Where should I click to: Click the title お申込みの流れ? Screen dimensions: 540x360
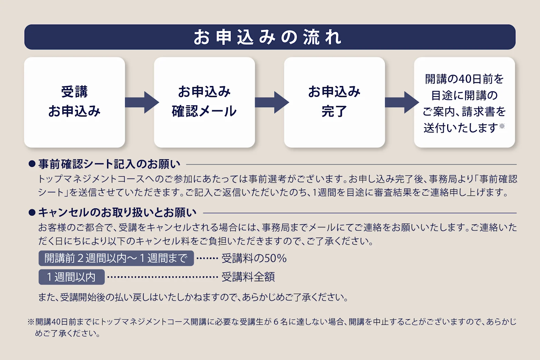tap(268, 37)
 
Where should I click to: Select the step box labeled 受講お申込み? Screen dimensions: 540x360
tap(75, 102)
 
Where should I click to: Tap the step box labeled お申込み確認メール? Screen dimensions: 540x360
tap(204, 102)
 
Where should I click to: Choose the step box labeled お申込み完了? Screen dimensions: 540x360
tap(334, 102)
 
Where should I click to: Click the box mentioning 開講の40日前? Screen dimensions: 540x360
tap(464, 102)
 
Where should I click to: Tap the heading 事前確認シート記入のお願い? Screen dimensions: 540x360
tap(109, 164)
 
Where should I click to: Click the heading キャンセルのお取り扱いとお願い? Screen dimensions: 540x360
tap(117, 212)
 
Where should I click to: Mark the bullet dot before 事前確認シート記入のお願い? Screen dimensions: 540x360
tap(32, 164)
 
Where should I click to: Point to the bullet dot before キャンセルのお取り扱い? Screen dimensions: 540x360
tap(32, 212)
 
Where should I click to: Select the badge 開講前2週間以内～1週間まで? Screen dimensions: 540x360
tap(116, 258)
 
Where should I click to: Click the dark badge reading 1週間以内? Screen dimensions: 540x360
tap(71, 277)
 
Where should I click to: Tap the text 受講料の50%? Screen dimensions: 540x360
tap(254, 258)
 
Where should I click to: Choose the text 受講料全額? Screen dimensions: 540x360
tap(248, 277)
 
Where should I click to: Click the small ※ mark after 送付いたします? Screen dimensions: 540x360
tap(502, 126)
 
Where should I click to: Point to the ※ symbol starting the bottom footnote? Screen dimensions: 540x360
tap(31, 322)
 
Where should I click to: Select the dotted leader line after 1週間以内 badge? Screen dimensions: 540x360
tap(162, 277)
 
